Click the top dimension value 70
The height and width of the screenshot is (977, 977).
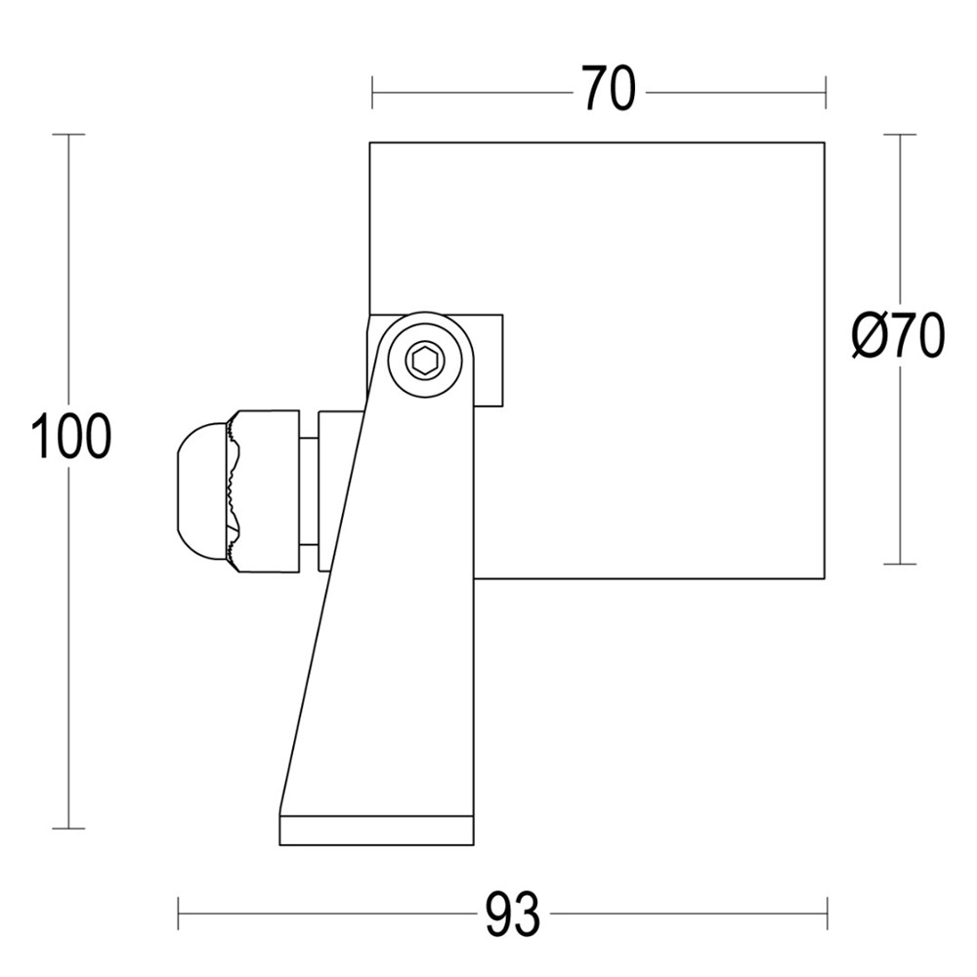pos(610,91)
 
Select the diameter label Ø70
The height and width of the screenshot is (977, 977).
pos(897,338)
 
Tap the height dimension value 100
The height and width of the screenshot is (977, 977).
pos(70,437)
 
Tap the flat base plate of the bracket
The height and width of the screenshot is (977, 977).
pos(376,830)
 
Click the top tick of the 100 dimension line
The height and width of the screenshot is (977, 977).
pos(68,134)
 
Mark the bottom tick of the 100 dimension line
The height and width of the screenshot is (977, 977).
pos(68,828)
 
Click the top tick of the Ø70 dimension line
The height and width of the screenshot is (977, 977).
pos(900,134)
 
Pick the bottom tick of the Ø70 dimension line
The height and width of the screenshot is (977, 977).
pos(900,564)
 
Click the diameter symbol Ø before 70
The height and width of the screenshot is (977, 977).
pos(869,338)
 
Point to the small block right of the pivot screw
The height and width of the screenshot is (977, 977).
pos(490,360)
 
